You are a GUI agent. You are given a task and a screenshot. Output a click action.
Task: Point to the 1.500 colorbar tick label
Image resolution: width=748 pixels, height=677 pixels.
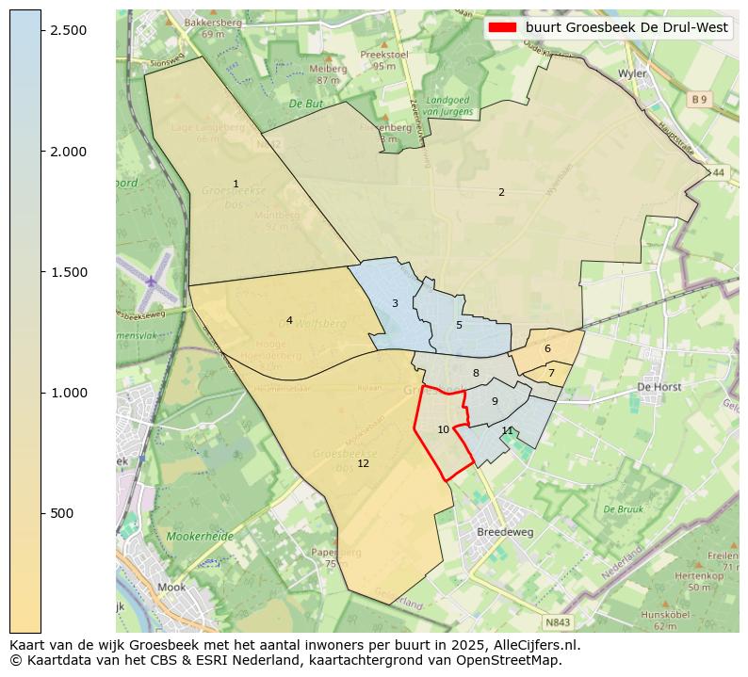click(x=68, y=272)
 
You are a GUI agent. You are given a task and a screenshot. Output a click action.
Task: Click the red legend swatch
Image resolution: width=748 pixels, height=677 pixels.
click(x=502, y=27)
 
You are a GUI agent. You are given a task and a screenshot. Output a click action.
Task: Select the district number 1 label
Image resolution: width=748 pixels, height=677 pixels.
click(x=236, y=184)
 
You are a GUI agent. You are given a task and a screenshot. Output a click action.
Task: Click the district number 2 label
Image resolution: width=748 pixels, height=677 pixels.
click(x=501, y=192)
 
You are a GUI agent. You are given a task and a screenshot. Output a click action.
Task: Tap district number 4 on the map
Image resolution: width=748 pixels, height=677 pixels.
click(x=289, y=320)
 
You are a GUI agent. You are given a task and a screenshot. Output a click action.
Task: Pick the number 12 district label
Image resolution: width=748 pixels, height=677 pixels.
click(x=363, y=463)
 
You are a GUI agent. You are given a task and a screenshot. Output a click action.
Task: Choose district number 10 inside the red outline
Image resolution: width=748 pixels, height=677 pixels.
click(x=443, y=429)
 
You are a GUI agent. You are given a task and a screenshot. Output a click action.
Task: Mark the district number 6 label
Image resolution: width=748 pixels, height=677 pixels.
click(x=547, y=348)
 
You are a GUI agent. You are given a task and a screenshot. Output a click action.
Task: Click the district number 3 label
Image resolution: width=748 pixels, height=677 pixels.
click(x=395, y=303)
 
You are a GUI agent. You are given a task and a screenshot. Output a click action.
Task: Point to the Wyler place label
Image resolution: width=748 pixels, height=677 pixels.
click(x=631, y=73)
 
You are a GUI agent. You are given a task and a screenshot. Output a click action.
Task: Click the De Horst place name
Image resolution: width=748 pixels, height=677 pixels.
click(x=659, y=386)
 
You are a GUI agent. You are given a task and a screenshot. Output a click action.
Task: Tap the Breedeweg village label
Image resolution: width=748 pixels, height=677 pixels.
click(x=505, y=531)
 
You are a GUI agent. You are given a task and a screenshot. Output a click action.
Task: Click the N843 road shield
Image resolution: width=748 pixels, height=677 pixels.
click(x=558, y=622)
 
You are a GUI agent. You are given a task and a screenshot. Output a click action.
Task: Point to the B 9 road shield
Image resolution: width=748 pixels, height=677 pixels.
click(x=698, y=99)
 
